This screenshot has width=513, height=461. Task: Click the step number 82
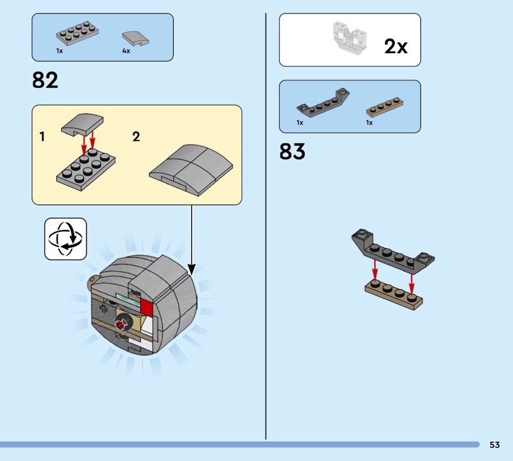tap(45, 80)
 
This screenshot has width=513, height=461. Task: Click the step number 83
tap(292, 151)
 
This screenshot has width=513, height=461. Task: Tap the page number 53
tap(494, 444)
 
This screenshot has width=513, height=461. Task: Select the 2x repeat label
tap(396, 46)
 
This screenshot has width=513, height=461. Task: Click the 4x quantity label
tap(126, 51)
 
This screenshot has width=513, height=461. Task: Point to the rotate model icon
tap(65, 239)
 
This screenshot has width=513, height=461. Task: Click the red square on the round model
tap(147, 308)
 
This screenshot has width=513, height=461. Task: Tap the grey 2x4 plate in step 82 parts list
tap(78, 33)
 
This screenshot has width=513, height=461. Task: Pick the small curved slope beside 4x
tap(135, 39)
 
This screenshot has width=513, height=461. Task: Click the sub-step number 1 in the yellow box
tap(42, 137)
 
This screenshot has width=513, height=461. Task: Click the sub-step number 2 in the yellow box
tap(136, 137)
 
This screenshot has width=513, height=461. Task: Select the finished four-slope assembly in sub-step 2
tap(191, 170)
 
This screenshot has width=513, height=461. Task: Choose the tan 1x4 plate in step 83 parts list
tap(384, 106)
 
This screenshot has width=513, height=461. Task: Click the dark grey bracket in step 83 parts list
tap(323, 102)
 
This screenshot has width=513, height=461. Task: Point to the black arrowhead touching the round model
tap(192, 270)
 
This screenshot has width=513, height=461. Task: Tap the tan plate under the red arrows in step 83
tap(394, 295)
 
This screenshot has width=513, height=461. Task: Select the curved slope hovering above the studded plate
tap(82, 125)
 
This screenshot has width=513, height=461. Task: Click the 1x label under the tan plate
tap(369, 123)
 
